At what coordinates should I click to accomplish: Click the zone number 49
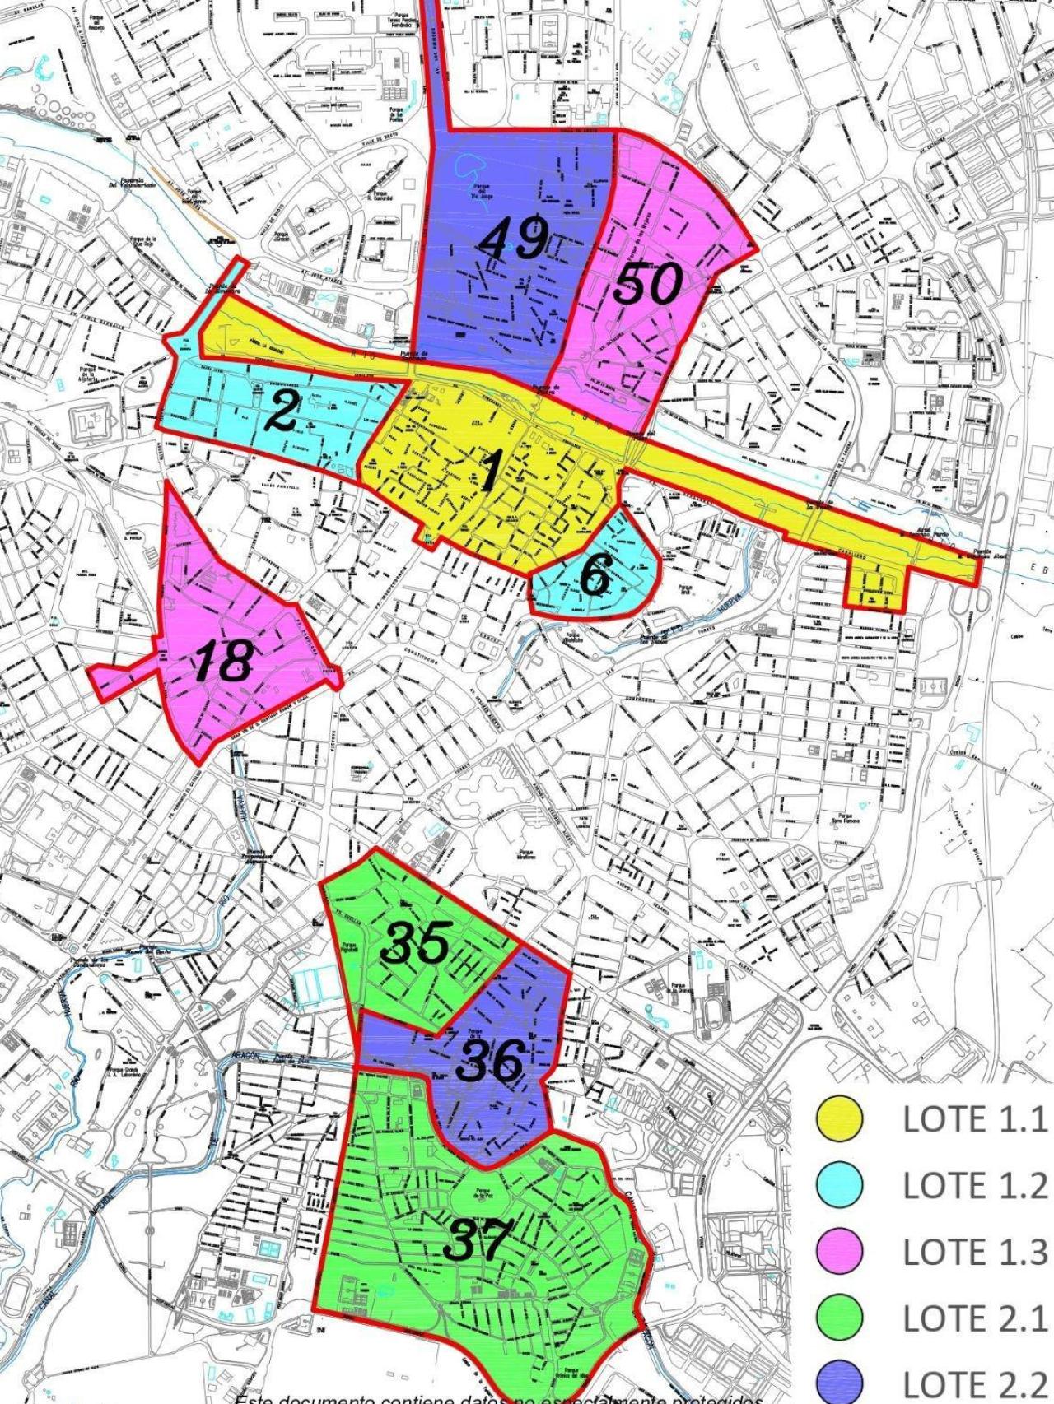(515, 239)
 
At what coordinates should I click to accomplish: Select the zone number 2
(282, 411)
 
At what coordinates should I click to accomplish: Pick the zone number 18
(223, 660)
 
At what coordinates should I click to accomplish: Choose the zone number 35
(416, 943)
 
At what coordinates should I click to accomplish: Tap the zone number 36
(491, 1061)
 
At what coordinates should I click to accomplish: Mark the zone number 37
(478, 1240)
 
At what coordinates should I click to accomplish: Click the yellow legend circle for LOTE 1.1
(839, 1119)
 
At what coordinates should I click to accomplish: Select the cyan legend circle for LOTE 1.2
(839, 1186)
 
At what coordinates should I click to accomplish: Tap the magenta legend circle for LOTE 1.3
(839, 1252)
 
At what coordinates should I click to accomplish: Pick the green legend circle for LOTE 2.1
(839, 1318)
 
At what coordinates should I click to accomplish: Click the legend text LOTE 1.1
(974, 1119)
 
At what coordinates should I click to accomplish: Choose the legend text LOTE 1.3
(974, 1252)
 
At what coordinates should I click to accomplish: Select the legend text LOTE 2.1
(974, 1318)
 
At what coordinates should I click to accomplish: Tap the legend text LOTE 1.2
(974, 1186)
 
